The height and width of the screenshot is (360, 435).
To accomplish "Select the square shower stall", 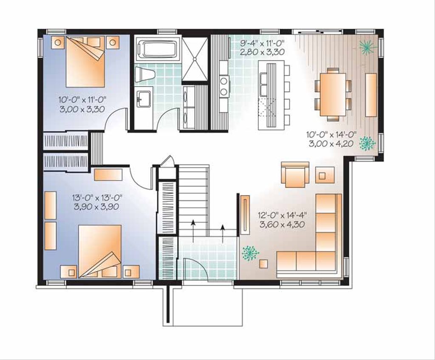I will (x=195, y=59).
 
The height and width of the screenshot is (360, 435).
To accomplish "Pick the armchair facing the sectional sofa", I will (x=295, y=174).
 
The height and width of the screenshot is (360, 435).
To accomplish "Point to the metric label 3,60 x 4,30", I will (x=282, y=224).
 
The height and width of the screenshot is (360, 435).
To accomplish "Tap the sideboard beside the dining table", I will (x=371, y=95).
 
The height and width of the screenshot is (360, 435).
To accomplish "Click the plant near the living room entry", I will (x=250, y=253).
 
